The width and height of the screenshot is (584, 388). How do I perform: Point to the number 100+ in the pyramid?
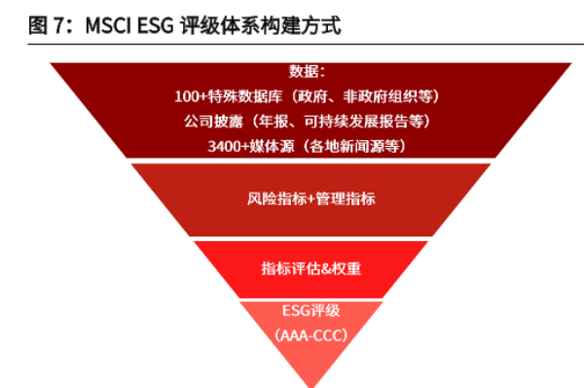(192, 97)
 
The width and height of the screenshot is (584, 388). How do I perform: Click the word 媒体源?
(276, 146)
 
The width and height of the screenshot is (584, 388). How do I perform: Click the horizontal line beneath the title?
(292, 43)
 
